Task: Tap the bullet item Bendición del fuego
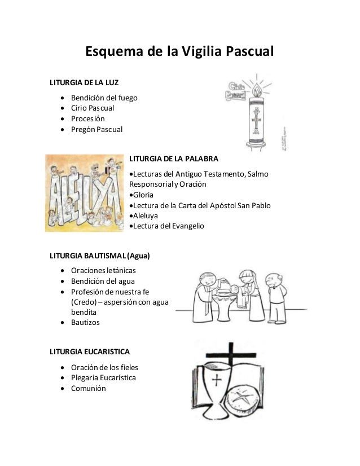click(x=103, y=98)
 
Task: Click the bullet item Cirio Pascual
click(x=92, y=108)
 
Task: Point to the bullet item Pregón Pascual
click(x=96, y=129)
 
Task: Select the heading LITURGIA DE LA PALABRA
click(x=173, y=158)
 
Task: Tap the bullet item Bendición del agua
click(x=103, y=281)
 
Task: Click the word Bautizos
click(x=86, y=323)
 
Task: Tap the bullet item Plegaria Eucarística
click(x=107, y=377)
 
